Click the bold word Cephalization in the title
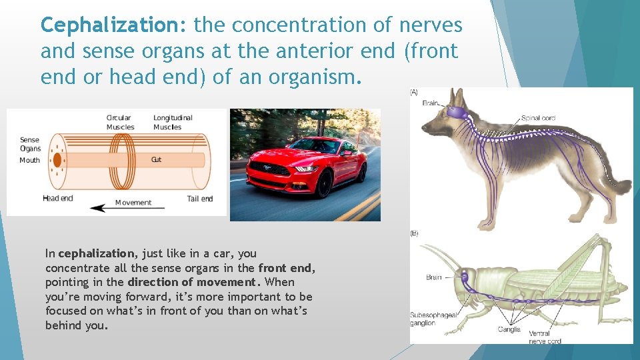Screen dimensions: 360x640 coord(115,25)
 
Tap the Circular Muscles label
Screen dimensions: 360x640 coord(120,123)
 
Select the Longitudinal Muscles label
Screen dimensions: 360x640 coord(172,123)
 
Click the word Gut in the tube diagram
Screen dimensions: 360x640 coord(157,160)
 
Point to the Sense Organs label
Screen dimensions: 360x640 coord(30,144)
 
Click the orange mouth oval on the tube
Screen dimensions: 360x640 coord(57,160)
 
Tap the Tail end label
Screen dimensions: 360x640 coord(200,199)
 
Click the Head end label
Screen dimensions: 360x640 coord(57,199)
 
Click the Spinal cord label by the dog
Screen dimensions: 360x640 coord(539,119)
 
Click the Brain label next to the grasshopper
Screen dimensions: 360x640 coord(433,277)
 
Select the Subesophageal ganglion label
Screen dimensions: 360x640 coord(432,319)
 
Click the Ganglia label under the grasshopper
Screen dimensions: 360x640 coord(509,329)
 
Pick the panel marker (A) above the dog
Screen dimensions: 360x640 coord(415,93)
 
